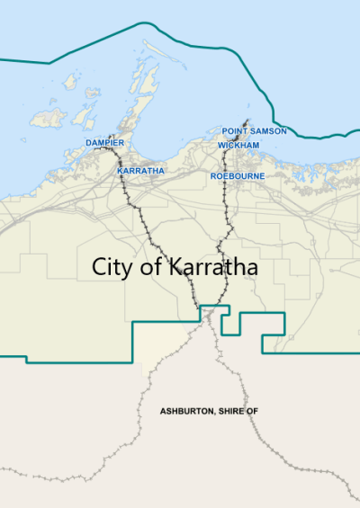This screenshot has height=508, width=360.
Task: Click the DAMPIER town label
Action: (104, 143)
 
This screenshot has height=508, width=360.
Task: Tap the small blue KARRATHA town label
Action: (140, 170)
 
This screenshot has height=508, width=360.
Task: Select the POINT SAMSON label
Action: (255, 131)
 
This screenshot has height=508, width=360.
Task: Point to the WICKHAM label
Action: (238, 145)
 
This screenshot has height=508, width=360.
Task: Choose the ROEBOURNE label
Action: (237, 176)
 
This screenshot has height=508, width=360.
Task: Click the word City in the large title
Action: (115, 268)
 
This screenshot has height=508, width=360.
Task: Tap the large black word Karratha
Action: (211, 268)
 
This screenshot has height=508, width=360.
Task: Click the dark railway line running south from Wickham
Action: (224, 225)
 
